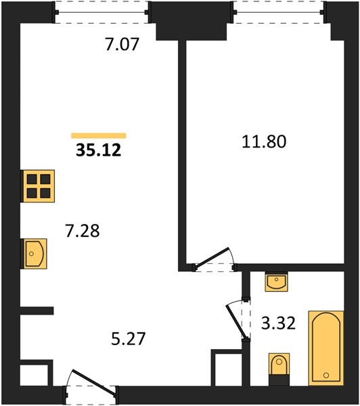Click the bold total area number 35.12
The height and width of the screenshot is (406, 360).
(x=98, y=150)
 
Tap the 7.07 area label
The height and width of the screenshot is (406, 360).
(x=122, y=44)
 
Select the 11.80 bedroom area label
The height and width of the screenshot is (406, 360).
(x=264, y=142)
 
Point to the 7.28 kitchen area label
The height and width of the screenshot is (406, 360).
(x=83, y=231)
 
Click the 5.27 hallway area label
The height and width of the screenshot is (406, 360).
(x=128, y=339)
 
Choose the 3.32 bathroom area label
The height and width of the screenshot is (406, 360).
(x=278, y=323)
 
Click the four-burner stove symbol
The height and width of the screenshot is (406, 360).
(x=39, y=186)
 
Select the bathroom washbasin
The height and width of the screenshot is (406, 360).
(x=277, y=281)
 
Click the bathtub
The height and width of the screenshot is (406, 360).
(x=326, y=348)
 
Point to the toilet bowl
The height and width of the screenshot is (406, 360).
(x=279, y=364)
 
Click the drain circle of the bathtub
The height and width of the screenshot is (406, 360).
(x=326, y=375)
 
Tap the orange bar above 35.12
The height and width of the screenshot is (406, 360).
(x=99, y=135)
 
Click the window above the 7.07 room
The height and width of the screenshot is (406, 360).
(x=102, y=12)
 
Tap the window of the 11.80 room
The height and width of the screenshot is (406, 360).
(x=279, y=12)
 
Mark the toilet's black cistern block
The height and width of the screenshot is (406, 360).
(x=279, y=380)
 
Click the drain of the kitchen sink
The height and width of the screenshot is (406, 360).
(x=31, y=254)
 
